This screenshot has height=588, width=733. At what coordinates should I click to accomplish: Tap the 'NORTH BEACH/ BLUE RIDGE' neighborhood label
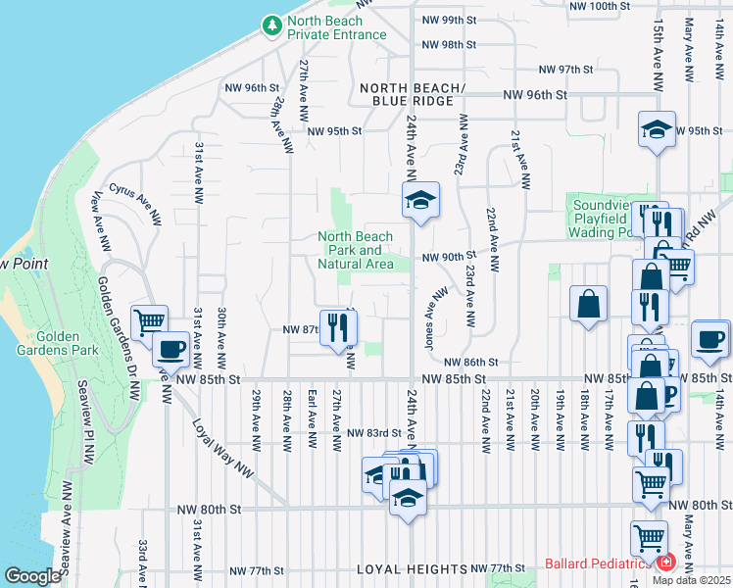pyautogui.click(x=407, y=94)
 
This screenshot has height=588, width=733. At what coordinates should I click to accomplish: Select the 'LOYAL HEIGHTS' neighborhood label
pyautogui.click(x=412, y=569)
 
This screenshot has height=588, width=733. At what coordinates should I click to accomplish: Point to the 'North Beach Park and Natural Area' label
pyautogui.click(x=355, y=250)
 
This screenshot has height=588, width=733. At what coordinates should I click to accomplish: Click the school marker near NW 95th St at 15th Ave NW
pyautogui.click(x=657, y=129)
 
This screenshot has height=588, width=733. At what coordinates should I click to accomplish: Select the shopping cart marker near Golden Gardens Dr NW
pyautogui.click(x=149, y=321)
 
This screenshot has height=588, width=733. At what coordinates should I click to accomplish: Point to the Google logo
pyautogui.click(x=32, y=576)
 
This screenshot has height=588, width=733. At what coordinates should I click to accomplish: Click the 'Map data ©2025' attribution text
pyautogui.click(x=691, y=579)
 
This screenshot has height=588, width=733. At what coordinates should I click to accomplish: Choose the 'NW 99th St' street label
pyautogui.click(x=449, y=20)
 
